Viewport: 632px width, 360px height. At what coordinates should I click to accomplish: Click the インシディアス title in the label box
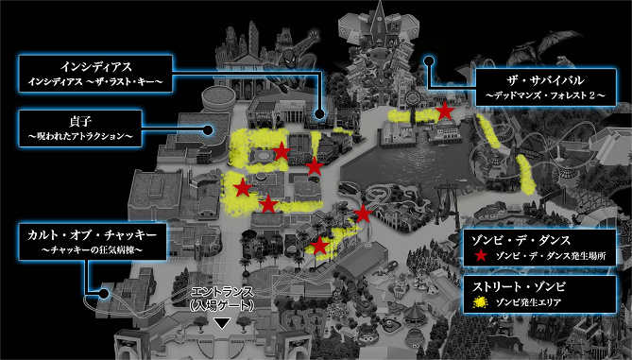[96, 67]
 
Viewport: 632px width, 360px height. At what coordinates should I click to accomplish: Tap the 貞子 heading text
[80, 121]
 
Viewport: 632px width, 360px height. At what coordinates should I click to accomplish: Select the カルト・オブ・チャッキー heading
[92, 235]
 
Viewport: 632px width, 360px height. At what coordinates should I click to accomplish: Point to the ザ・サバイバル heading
[546, 80]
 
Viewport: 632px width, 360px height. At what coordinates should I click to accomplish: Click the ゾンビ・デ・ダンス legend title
[521, 241]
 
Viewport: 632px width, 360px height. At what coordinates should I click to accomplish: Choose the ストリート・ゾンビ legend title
[519, 287]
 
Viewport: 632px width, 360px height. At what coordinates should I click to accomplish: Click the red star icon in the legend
[481, 255]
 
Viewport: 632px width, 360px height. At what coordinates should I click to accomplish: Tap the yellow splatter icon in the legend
[480, 302]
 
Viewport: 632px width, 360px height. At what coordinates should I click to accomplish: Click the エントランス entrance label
[222, 292]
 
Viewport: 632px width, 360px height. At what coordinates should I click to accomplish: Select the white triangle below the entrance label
[222, 323]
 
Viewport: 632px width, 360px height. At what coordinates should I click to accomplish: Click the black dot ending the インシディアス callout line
[319, 114]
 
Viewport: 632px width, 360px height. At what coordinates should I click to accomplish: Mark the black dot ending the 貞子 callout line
[208, 129]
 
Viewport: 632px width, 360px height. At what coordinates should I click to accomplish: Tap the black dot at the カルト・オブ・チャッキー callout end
[104, 294]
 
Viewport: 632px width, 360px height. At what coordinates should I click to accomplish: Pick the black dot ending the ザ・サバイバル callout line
[429, 61]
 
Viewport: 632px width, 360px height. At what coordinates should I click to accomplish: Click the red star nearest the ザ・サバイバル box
[445, 111]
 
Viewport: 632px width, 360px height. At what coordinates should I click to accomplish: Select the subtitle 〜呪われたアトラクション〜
[80, 137]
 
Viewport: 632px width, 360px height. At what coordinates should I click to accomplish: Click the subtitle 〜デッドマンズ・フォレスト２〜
[546, 96]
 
